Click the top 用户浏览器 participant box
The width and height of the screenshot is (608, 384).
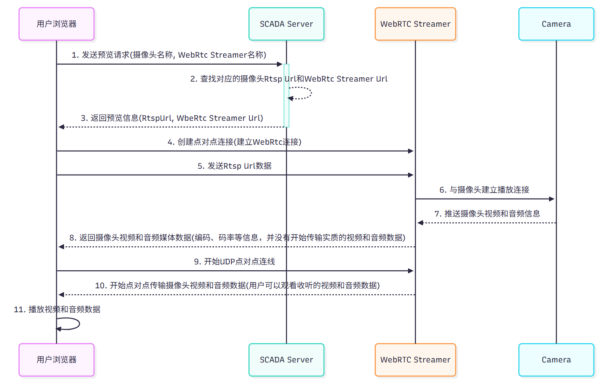[x=57, y=24]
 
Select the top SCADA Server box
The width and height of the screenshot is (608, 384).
[x=286, y=24]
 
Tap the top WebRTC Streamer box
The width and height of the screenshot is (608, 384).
[x=415, y=24]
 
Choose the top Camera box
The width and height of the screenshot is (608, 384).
[x=556, y=24]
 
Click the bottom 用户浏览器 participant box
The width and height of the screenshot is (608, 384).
[x=57, y=360]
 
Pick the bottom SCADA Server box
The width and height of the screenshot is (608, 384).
[x=286, y=360]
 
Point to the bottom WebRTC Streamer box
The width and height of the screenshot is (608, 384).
[x=415, y=360]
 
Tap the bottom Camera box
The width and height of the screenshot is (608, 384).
[x=556, y=360]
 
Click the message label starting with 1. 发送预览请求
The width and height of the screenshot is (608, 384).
[x=169, y=55]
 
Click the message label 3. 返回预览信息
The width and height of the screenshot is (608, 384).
[x=172, y=118]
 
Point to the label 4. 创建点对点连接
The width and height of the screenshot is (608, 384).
[x=234, y=142]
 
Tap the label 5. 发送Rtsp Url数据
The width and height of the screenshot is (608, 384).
[x=234, y=166]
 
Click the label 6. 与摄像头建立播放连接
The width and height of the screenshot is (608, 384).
[x=484, y=190]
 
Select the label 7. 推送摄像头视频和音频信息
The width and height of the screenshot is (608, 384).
[x=487, y=214]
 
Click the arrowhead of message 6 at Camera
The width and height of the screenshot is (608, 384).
[x=552, y=199]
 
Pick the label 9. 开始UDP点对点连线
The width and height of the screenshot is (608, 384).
[x=234, y=262]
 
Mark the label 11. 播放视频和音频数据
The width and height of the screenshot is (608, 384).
[x=57, y=309]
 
